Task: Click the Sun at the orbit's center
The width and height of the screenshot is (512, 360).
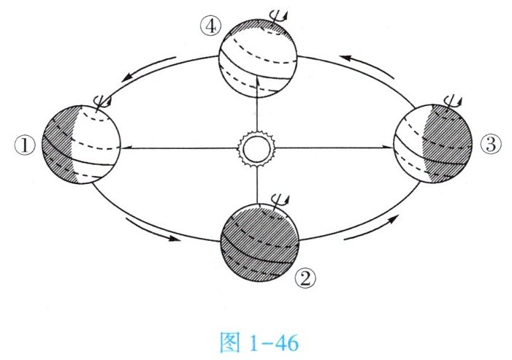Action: (x=256, y=148)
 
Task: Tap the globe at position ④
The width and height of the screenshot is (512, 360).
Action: (x=260, y=55)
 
